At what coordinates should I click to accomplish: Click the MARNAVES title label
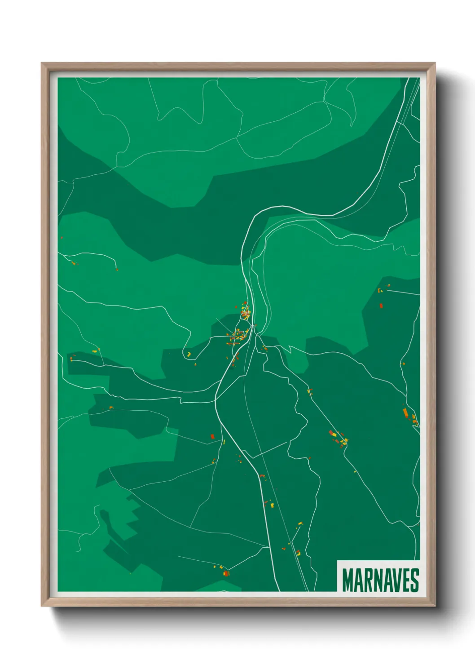[380, 580]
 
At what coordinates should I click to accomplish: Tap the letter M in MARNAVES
[347, 580]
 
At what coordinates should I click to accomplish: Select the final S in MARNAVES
[414, 580]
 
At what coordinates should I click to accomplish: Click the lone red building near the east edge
[381, 306]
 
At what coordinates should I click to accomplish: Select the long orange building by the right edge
[405, 412]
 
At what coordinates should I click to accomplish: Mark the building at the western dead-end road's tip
[117, 269]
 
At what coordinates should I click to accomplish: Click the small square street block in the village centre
[240, 333]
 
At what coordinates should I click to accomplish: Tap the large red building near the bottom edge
[226, 573]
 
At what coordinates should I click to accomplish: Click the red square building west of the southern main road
[213, 436]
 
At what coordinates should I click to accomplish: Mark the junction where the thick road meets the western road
[216, 399]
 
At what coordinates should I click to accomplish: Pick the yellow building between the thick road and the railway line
[272, 505]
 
